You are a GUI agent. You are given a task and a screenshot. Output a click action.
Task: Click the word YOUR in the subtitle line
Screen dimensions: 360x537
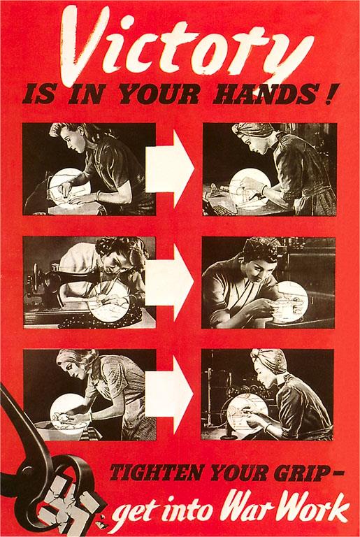pos(159,94)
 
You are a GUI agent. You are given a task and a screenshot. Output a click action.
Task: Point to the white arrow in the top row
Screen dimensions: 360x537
pos(170,169)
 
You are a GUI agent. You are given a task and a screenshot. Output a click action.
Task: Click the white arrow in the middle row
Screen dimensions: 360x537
pos(170,282)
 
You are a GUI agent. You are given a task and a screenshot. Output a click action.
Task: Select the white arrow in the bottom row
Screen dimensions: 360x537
pos(169,394)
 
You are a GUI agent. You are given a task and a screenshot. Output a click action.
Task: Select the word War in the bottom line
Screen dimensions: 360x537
pos(250,511)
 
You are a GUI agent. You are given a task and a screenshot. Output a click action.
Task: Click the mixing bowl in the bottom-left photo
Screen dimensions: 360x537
pos(61,430)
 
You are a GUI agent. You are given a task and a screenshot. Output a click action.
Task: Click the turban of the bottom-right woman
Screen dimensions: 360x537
pos(268,361)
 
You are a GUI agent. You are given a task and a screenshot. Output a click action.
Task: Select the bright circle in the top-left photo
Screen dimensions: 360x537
pos(69,187)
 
